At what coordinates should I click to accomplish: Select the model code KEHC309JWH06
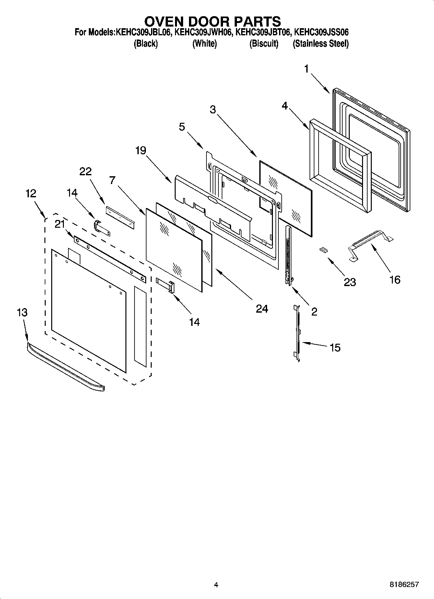pos(203,32)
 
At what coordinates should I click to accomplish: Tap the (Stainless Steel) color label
pos(321,44)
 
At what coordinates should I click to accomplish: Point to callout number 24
pos(262,309)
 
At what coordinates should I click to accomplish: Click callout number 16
pos(395,279)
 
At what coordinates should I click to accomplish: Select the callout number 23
pos(350,282)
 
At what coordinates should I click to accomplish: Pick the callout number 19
pos(141,150)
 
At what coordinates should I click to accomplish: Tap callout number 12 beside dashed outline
pos(31,193)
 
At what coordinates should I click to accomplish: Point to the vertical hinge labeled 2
pos(288,256)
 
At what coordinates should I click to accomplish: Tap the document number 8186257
pos(404,584)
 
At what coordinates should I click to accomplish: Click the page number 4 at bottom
pos(216,585)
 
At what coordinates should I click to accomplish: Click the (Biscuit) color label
pos(264,44)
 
